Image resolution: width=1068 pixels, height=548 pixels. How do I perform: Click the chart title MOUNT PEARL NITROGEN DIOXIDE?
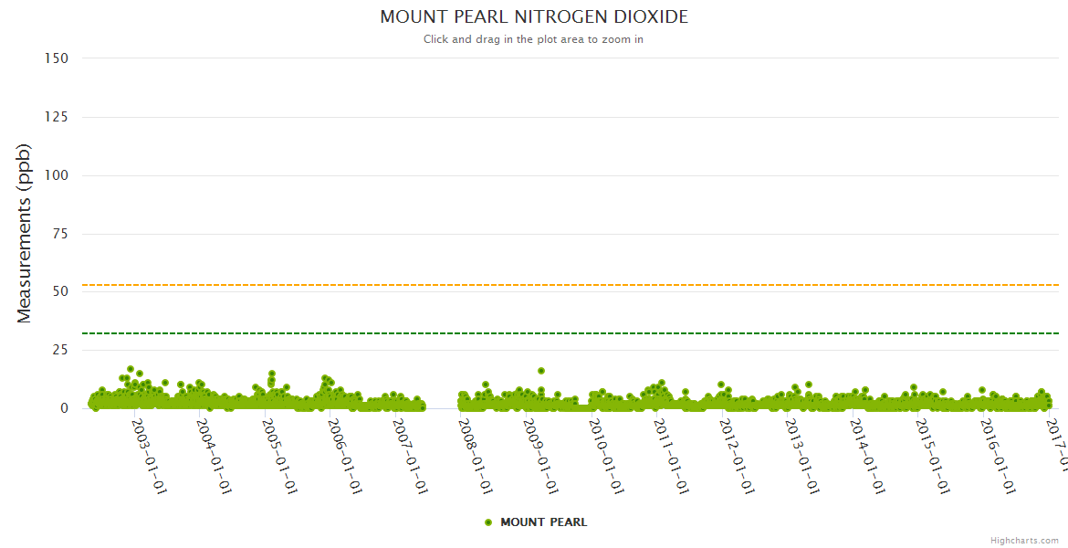(x=534, y=17)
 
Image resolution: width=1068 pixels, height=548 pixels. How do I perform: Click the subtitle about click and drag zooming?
(x=534, y=39)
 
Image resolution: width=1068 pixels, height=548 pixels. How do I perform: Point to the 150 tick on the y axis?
(x=56, y=58)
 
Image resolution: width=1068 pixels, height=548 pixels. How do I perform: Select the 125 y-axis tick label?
(x=56, y=117)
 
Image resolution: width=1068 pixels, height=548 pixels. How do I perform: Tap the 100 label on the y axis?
(x=56, y=175)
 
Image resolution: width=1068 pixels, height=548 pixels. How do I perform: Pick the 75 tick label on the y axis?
(x=60, y=234)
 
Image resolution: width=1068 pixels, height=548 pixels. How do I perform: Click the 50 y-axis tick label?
(x=60, y=291)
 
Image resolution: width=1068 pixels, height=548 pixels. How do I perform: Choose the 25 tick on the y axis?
(x=60, y=350)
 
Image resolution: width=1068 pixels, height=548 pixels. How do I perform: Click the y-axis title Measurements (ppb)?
(x=25, y=233)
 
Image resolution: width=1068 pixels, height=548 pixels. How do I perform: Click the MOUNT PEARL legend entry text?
(x=544, y=522)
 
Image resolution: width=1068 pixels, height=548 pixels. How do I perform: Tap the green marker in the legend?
(x=488, y=522)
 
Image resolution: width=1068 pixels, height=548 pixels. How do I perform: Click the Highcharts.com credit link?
(x=1024, y=541)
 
